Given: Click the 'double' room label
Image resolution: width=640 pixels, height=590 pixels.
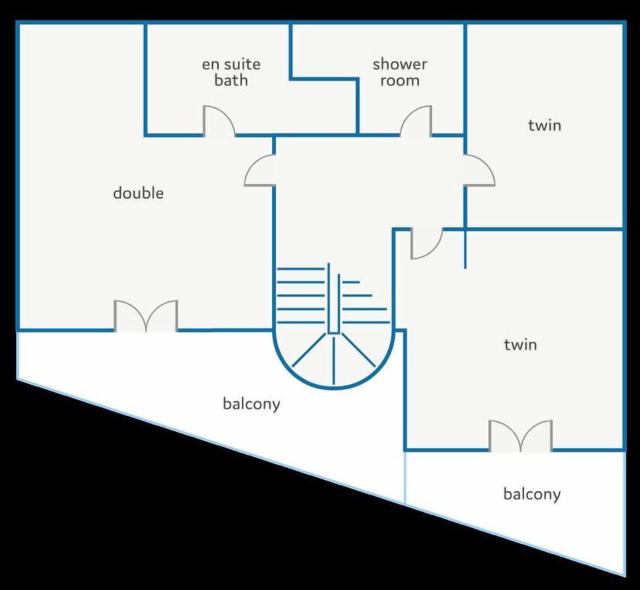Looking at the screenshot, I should click(138, 193).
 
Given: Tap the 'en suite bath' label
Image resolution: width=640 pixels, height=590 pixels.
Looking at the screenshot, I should click(231, 73).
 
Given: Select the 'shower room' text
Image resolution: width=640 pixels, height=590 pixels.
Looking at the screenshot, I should click(399, 73).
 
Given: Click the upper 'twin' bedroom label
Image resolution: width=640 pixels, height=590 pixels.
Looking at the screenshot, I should click(545, 125).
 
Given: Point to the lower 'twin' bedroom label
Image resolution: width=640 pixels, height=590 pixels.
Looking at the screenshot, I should click(520, 345).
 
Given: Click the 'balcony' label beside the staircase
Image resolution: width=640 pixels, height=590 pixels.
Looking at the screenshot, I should click(251, 404).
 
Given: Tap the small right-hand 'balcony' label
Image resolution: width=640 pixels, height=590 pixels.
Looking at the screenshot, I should click(531, 494).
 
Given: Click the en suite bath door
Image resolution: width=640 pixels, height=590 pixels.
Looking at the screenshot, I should click(219, 122).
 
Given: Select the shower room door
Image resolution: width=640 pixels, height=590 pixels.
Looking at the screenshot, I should click(415, 122).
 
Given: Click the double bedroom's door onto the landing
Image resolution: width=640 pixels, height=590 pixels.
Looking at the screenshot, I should click(260, 170).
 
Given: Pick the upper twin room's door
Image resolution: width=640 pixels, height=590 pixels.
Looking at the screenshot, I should click(479, 170).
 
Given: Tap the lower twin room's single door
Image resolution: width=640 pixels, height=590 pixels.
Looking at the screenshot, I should click(425, 243).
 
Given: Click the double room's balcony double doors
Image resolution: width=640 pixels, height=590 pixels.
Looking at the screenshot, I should click(146, 316).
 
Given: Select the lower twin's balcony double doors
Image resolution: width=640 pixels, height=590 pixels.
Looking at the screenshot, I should click(521, 435).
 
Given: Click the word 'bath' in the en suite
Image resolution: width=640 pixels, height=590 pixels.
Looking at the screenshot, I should click(231, 81).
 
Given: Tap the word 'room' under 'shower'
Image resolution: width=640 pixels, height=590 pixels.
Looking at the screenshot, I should click(400, 81).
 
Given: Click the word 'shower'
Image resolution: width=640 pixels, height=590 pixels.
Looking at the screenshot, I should click(399, 65).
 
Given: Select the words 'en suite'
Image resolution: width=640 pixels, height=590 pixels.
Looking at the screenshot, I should click(231, 65).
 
